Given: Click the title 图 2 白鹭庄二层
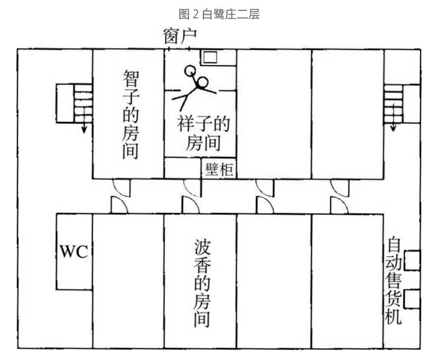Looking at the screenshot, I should (x=219, y=15).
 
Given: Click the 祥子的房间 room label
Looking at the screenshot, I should (x=203, y=132).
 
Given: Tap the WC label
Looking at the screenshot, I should (x=74, y=252).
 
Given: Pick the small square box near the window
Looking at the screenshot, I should (x=210, y=57).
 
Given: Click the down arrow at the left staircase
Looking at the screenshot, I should (x=84, y=127).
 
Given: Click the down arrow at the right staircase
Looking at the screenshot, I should (x=393, y=127).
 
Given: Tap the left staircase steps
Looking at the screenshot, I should (x=83, y=103).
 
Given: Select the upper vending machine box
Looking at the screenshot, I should (x=412, y=261).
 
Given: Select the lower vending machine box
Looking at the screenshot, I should (x=412, y=300).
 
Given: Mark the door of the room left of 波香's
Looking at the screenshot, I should (x=118, y=205).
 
